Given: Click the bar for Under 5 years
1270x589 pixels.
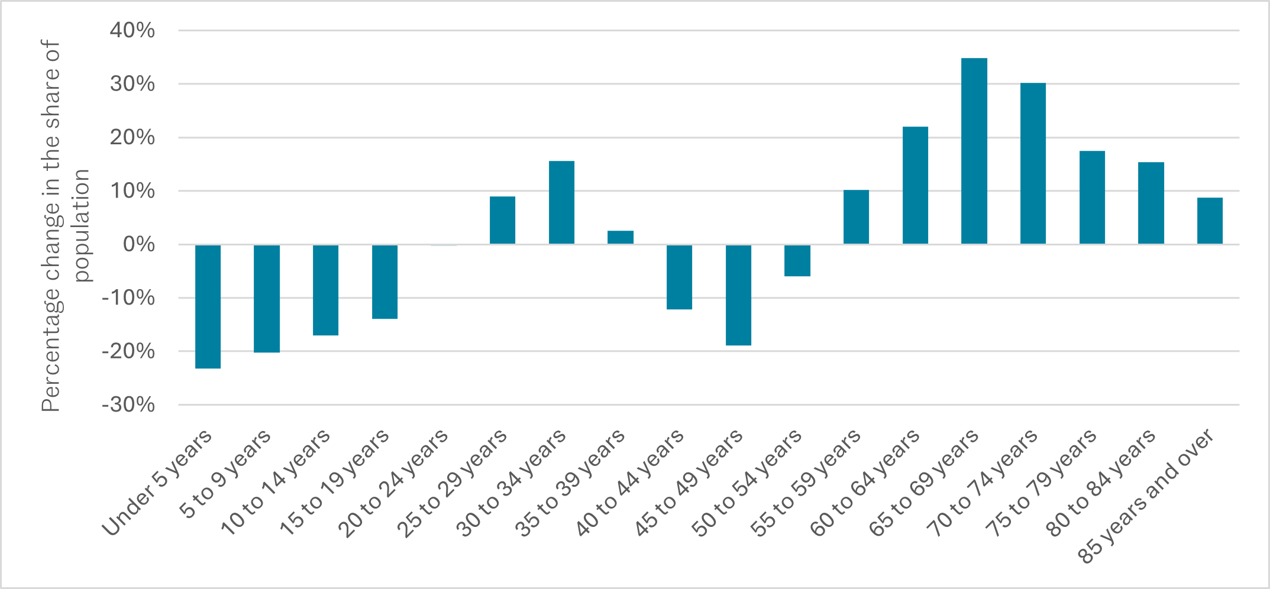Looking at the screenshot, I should pos(208,306).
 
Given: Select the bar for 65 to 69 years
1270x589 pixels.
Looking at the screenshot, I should pos(974,151).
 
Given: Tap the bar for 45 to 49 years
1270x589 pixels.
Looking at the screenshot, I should pos(738,294).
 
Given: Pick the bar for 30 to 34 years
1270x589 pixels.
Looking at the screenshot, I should pos(561,202).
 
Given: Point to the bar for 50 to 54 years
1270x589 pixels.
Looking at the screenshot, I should pos(797,260).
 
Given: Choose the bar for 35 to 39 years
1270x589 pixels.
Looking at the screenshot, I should pos(621,237).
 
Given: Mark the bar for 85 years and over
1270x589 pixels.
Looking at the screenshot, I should pos(1210,221).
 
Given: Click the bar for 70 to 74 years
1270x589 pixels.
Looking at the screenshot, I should pos(1033,163).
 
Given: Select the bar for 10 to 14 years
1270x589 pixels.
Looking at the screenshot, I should pos(325,290).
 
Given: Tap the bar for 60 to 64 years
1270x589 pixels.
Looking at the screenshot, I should pos(915,185).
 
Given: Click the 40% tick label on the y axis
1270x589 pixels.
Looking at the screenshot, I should pos(132,30).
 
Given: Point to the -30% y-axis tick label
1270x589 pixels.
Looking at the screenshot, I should pos(128,405).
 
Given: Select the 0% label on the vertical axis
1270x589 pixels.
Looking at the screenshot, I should pos(138,244).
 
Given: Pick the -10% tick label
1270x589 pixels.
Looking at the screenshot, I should pos(128,298).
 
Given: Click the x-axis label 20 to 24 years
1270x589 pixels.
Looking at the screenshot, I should pos(395,484).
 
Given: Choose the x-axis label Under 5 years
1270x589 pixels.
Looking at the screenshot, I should pos(157,484).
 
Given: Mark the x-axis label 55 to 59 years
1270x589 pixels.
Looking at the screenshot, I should pos(807,484).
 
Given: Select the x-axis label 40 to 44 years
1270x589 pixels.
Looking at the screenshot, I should pos(630,484).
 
